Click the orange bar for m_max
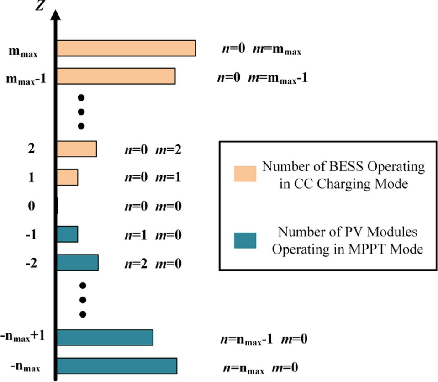tap(126, 48)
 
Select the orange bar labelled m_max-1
tap(116, 76)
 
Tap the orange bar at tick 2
tap(77, 149)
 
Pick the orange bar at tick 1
tap(68, 177)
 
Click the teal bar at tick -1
tap(68, 234)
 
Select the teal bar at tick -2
tap(78, 262)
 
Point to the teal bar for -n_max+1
tap(105, 338)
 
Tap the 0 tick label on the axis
tap(31, 206)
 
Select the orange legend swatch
tap(245, 174)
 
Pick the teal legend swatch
tap(245, 240)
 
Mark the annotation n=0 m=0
tap(153, 206)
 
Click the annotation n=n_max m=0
tap(260, 368)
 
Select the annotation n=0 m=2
tap(153, 149)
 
